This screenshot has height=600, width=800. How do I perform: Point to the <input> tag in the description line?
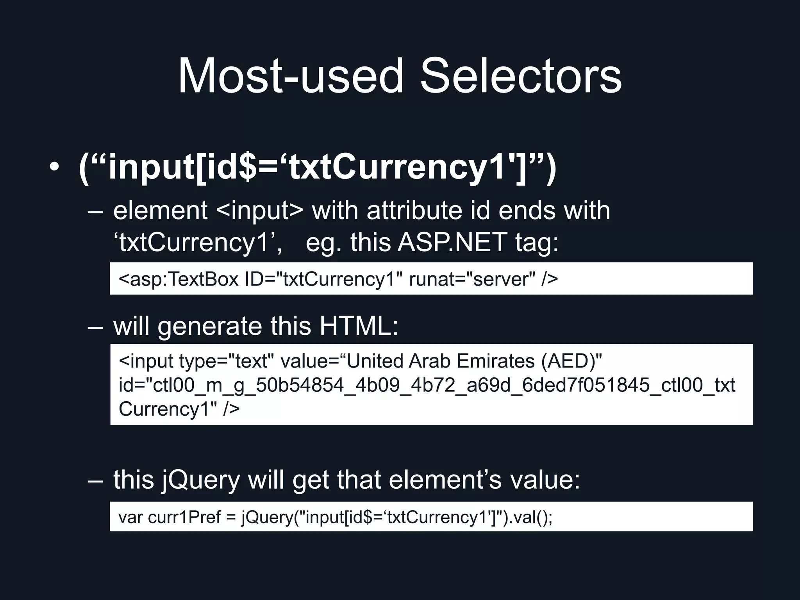pos(259,211)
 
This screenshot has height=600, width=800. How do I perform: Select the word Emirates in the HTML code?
pos(495,361)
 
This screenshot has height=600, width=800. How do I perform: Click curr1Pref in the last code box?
pos(184,517)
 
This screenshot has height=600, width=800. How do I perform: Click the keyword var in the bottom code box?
pos(131,517)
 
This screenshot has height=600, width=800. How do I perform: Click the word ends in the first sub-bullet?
pos(527,211)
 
